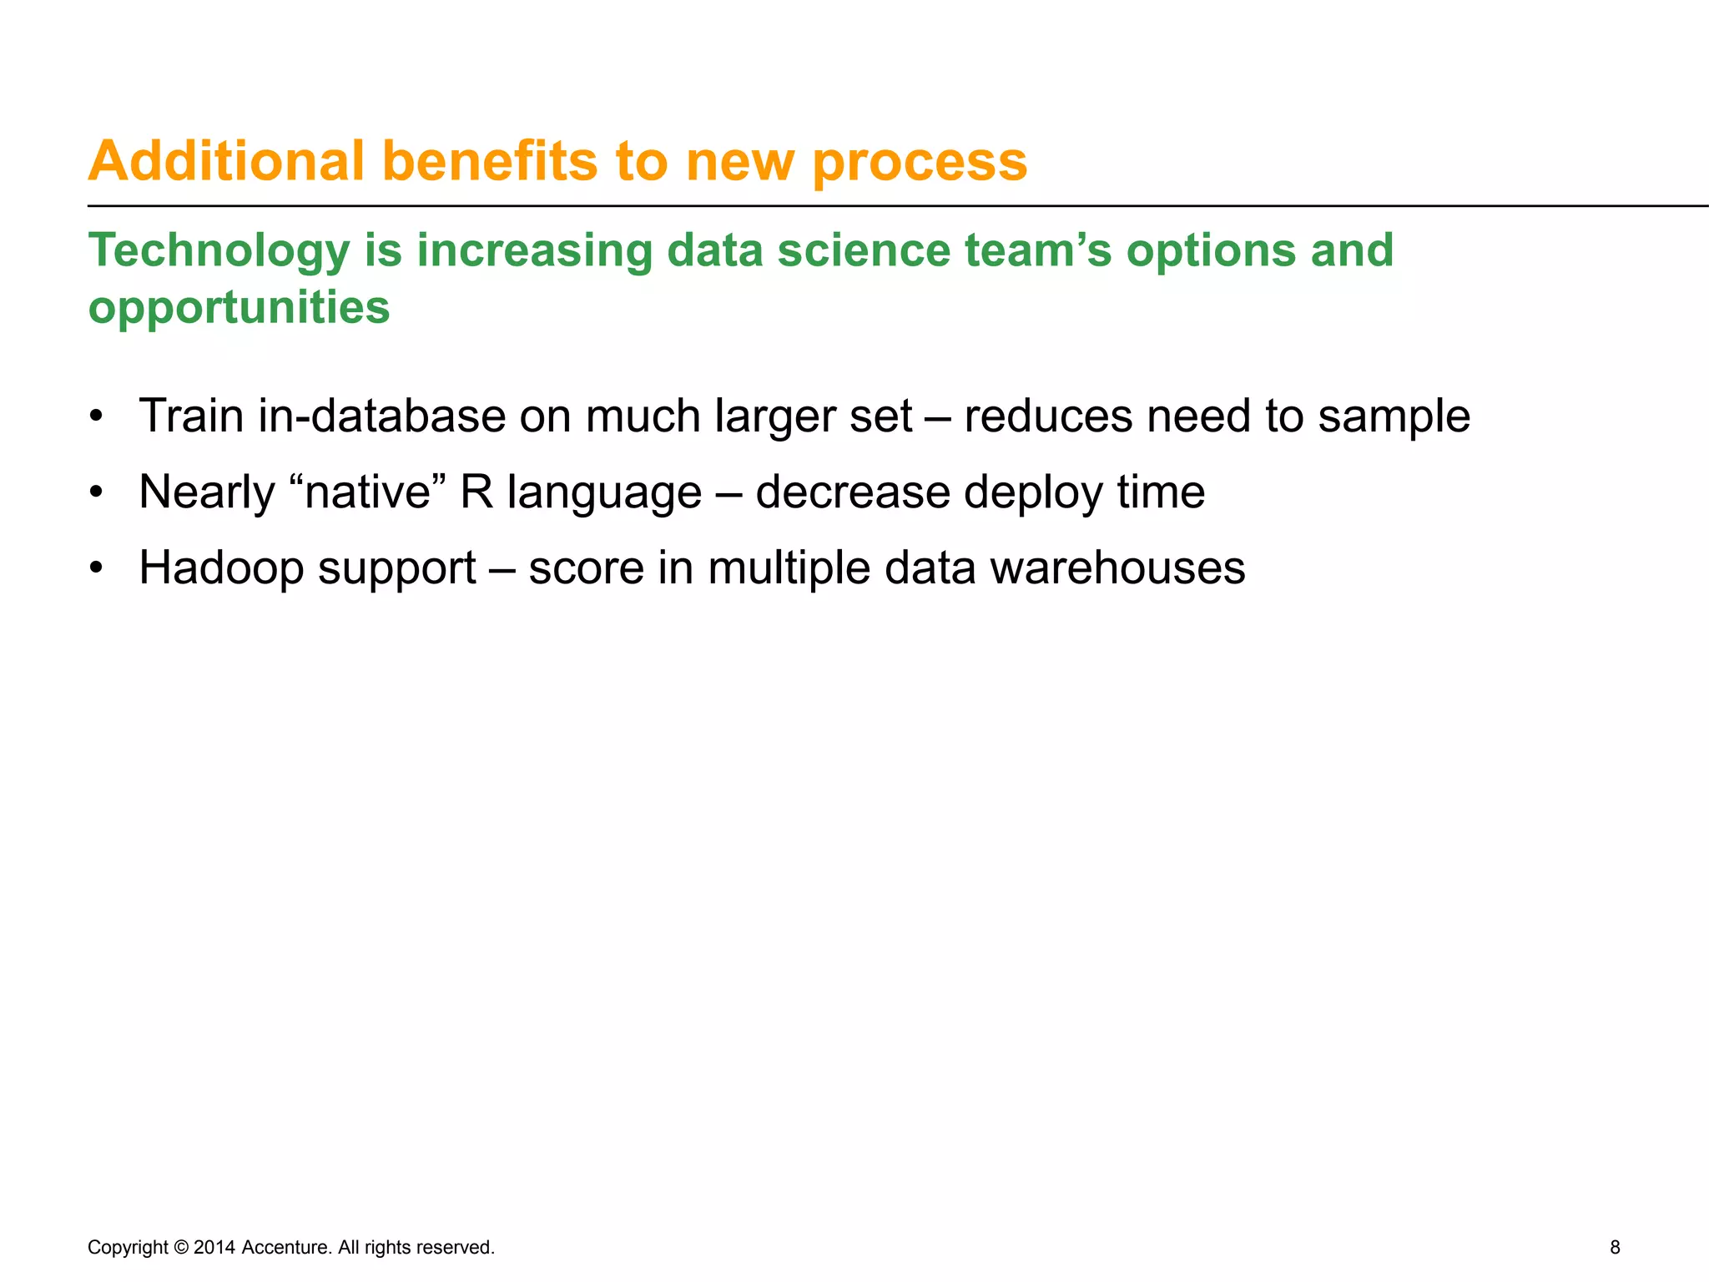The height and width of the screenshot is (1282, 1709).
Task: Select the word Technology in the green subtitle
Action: (219, 250)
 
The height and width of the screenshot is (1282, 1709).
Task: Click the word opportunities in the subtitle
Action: (239, 308)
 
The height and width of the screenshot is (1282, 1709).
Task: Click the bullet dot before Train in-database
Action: (97, 416)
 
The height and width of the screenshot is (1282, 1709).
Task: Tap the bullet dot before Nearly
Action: (97, 492)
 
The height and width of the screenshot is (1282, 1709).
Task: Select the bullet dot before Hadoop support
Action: (97, 568)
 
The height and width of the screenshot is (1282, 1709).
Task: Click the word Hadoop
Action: (220, 569)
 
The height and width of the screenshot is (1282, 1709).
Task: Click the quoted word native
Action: (367, 492)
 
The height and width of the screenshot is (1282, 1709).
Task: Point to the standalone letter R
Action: (477, 492)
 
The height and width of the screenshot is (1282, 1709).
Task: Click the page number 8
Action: (1615, 1247)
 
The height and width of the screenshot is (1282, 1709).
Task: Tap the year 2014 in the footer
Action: (214, 1247)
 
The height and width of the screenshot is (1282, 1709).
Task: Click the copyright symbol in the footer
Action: (181, 1247)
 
